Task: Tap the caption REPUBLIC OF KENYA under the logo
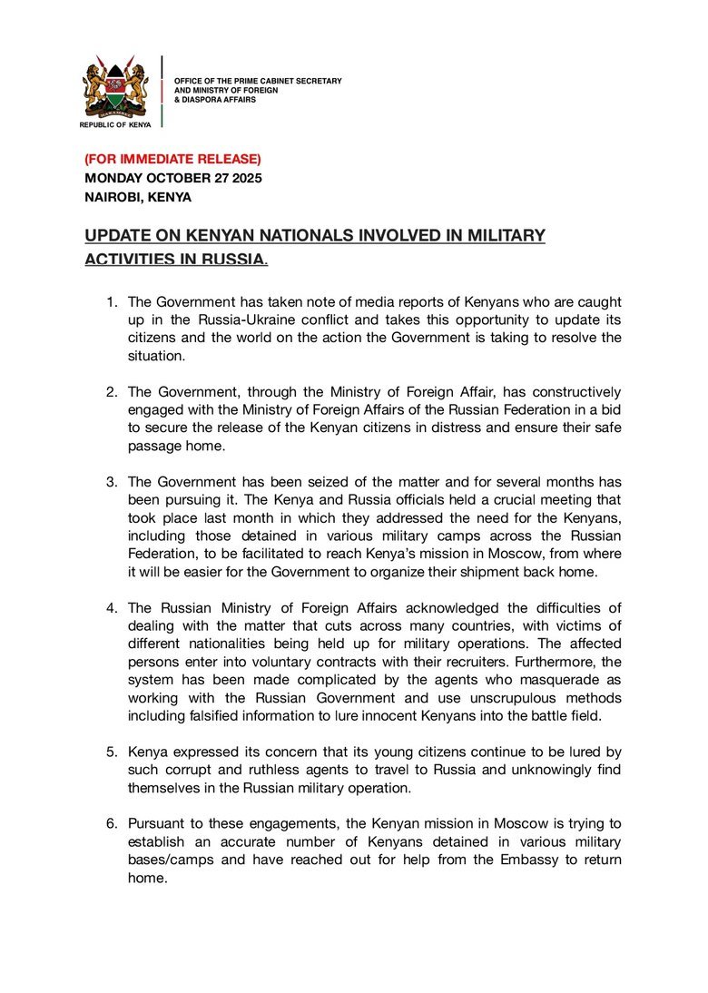pos(115,125)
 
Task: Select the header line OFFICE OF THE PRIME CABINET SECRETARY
pos(258,82)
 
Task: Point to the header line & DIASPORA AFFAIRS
pos(215,99)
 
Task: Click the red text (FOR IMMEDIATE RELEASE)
pos(172,160)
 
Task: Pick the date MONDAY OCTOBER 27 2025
pos(173,178)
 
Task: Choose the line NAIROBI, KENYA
pos(138,196)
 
